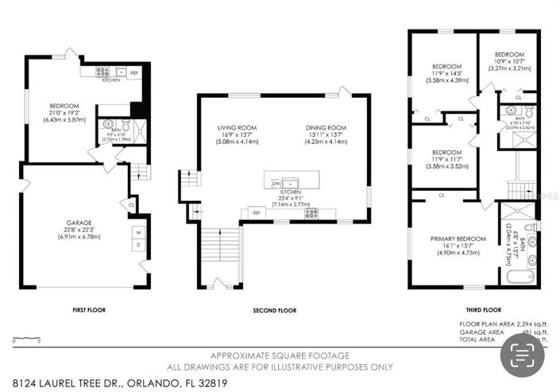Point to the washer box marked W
pyautogui.click(x=137, y=233)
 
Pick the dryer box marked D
pyautogui.click(x=137, y=246)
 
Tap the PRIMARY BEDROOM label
pyautogui.click(x=455, y=239)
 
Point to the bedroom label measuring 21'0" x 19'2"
pyautogui.click(x=64, y=106)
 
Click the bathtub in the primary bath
pyautogui.click(x=521, y=278)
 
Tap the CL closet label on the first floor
pyautogui.click(x=132, y=204)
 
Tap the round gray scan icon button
pyautogui.click(x=523, y=354)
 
